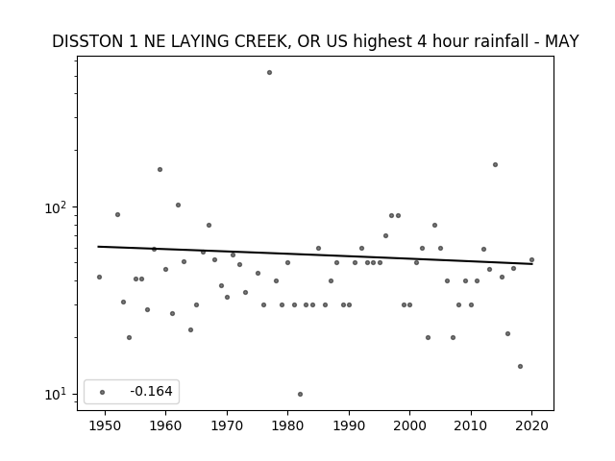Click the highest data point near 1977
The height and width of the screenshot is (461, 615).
pos(269,73)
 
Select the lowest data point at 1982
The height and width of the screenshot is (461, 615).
pos(300,395)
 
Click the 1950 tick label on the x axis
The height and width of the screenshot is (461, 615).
pos(105,425)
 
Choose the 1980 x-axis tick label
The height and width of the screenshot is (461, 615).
pos(287,425)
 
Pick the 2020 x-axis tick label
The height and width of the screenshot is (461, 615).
pos(531,425)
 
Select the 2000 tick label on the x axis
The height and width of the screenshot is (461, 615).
pos(410,425)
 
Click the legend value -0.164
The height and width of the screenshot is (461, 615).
pos(151,391)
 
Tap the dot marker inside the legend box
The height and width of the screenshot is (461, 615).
pos(103,392)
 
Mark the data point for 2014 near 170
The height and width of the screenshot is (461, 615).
pos(496,164)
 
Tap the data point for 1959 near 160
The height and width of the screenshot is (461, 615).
pos(160,170)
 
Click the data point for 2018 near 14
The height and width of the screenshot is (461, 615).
pos(520,367)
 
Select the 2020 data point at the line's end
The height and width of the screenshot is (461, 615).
pos(531,260)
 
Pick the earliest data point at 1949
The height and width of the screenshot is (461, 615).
pos(99,278)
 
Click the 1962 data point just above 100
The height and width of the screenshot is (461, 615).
pos(178,205)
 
